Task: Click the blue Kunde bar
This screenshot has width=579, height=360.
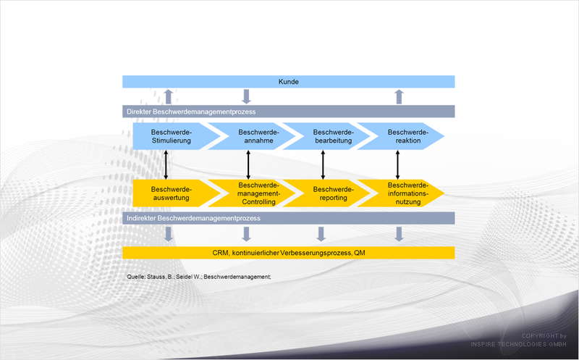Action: pos(288,82)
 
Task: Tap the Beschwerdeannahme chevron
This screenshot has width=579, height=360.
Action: pos(255,136)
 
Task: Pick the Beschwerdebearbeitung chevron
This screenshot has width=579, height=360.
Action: pos(330,136)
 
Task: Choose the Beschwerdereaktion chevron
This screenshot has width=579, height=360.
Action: pos(405,136)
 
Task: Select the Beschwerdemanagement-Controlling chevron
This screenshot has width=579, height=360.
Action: pos(255,193)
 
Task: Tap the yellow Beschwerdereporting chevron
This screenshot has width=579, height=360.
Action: pos(330,193)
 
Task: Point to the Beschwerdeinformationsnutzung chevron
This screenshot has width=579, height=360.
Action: pos(405,193)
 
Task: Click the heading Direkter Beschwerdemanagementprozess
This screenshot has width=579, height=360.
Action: pos(191,112)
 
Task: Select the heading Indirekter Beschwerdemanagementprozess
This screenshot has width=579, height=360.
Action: pos(193,218)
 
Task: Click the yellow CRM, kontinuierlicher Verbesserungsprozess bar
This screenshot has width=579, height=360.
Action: pos(288,253)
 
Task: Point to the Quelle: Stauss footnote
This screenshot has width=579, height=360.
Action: pos(198,277)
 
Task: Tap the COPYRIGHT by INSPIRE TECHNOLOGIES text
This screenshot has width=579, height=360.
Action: pos(518,340)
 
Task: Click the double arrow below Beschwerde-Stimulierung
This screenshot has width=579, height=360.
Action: pos(166,164)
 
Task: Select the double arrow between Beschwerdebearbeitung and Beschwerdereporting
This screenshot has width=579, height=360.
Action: pos(323,164)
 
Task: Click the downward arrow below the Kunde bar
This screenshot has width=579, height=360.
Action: pos(246,96)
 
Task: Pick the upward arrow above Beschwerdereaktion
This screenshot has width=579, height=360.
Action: pos(399,96)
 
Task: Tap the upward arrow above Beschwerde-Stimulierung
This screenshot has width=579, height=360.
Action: pos(169,96)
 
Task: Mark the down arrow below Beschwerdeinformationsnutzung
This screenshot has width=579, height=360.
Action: pos(399,234)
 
